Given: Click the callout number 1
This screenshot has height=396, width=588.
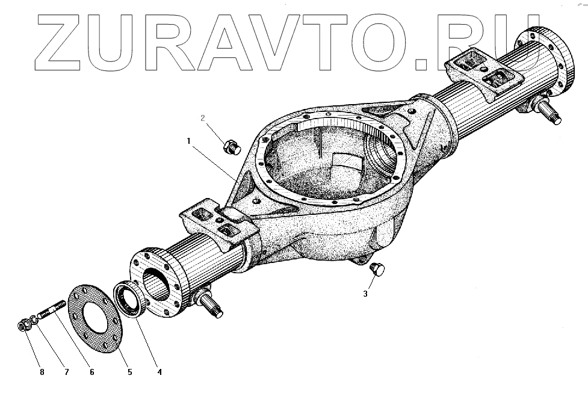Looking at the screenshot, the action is coord(188,141).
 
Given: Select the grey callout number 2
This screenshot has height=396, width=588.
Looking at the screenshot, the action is coord(203,119).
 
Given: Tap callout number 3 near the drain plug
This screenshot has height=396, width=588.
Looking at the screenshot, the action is coord(365,294).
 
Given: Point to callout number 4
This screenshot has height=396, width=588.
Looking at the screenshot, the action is coord(159,372).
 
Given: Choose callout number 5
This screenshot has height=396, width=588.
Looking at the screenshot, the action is coord(129,372).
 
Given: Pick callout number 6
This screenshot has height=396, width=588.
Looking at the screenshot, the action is coord(91,372).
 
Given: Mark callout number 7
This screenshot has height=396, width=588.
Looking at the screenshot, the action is coord(66,372).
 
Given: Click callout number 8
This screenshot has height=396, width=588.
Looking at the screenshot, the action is coord(42,372).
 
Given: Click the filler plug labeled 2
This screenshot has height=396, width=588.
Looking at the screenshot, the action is coord(231,146).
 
